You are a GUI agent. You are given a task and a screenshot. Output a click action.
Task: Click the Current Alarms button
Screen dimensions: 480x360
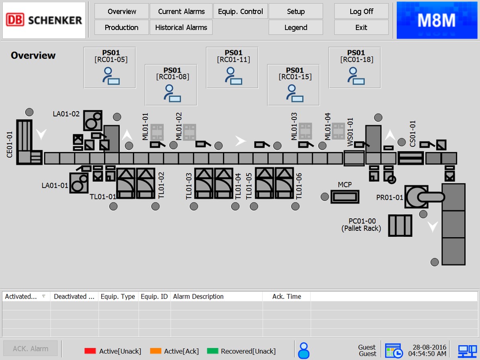[x=181, y=11]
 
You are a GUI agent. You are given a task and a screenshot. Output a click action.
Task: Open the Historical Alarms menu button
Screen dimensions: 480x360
[x=181, y=28]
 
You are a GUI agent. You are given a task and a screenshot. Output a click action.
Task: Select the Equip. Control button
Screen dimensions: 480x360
[x=240, y=11]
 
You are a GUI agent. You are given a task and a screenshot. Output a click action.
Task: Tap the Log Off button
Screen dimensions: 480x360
[x=361, y=11]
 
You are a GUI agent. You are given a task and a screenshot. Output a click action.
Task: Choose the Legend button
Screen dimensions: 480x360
[x=296, y=28]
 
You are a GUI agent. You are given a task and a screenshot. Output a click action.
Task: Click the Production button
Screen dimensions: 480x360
[x=122, y=28]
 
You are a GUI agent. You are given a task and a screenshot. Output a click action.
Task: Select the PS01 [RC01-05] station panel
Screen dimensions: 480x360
[x=110, y=67]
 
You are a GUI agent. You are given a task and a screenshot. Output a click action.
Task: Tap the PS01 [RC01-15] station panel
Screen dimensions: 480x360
[x=294, y=85]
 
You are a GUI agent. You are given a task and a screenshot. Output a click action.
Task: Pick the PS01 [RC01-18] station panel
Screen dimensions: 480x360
[x=355, y=67]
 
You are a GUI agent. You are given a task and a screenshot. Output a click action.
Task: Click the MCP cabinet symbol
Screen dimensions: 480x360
[x=345, y=197]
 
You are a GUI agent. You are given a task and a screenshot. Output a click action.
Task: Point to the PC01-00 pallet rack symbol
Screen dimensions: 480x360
[x=400, y=226]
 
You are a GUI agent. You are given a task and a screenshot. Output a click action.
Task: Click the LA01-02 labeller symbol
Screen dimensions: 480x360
[x=93, y=120]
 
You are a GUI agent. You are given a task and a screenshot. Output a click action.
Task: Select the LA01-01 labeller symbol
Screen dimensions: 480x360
[x=79, y=183]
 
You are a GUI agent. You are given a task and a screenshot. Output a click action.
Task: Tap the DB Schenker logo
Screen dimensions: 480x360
[x=44, y=20]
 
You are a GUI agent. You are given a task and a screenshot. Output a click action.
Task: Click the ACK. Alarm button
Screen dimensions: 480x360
[x=30, y=349]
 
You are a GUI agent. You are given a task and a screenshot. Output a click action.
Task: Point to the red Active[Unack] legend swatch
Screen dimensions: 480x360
[x=90, y=351]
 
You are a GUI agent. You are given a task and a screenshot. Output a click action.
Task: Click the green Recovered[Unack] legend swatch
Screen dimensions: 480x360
[x=212, y=351]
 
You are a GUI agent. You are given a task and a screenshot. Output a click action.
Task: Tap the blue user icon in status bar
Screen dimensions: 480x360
[x=304, y=350]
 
